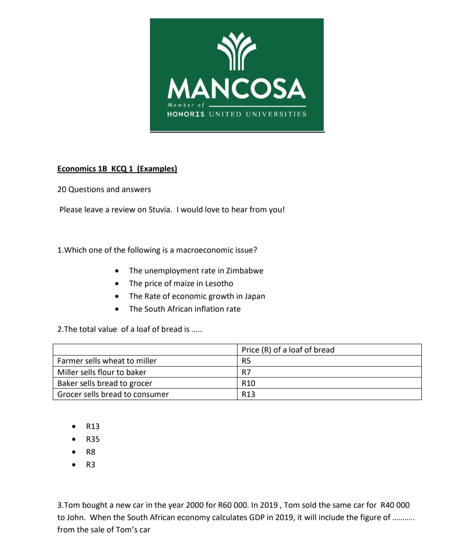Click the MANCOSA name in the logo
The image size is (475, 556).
[x=237, y=88]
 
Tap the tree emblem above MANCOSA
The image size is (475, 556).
[x=237, y=51]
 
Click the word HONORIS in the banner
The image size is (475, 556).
[x=186, y=114]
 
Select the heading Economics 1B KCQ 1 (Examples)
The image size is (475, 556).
[x=117, y=169]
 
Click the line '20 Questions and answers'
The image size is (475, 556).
[x=104, y=190]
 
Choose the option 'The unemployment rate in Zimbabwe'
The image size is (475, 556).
[x=196, y=271]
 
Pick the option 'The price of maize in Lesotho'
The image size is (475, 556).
[x=181, y=284]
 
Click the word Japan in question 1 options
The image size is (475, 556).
[x=255, y=296]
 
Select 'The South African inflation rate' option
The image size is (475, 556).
[x=185, y=309]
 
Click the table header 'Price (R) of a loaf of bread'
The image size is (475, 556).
[x=288, y=350]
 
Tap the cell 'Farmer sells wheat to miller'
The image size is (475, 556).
[x=107, y=361]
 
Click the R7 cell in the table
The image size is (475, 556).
[x=246, y=372]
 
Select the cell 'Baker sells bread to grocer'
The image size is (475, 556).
[x=105, y=383]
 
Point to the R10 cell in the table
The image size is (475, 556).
[x=248, y=383]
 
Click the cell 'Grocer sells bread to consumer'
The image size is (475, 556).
[x=113, y=395]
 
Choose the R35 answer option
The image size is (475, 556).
[x=93, y=439]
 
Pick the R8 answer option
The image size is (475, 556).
[x=91, y=452]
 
